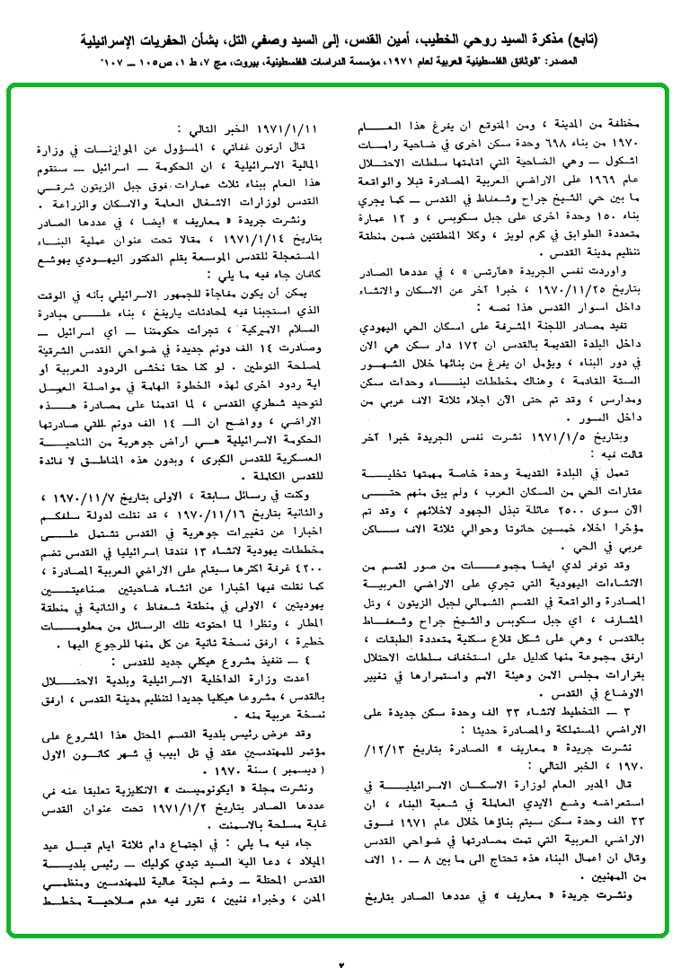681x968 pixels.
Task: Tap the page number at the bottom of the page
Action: (341, 958)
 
